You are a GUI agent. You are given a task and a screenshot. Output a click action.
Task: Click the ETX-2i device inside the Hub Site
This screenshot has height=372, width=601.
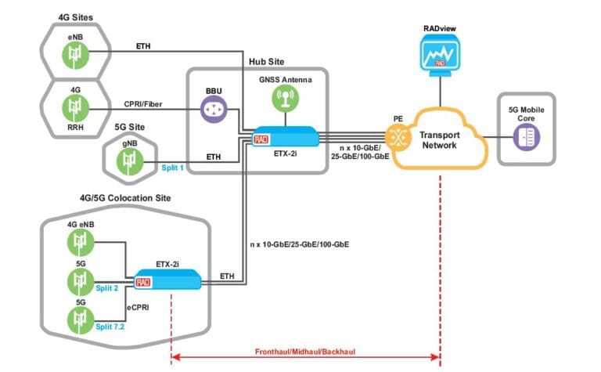coord(285,138)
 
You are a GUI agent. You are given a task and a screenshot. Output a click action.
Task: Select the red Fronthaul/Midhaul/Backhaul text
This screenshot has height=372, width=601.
coord(305,353)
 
